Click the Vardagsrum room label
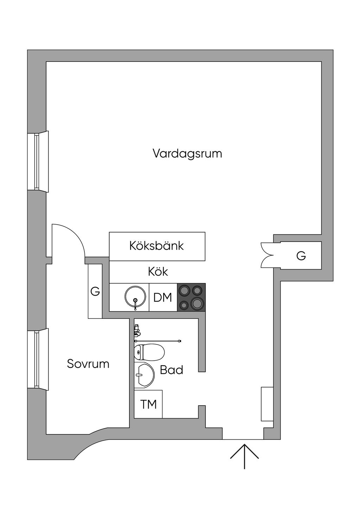tap(187, 154)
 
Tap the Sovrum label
tap(88, 363)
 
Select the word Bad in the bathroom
tap(172, 370)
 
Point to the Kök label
tap(158, 272)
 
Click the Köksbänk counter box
tap(157, 246)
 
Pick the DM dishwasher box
tap(163, 297)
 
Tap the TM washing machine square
tap(148, 404)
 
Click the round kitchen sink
tap(135, 297)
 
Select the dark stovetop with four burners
tap(191, 297)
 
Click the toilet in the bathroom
tap(149, 352)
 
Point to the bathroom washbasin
tap(144, 375)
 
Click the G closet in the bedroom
tap(95, 291)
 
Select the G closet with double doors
tap(301, 256)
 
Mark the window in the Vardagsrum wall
tap(38, 161)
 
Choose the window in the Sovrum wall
tap(38, 359)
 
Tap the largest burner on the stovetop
tap(197, 303)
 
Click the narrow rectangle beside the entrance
tap(267, 404)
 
